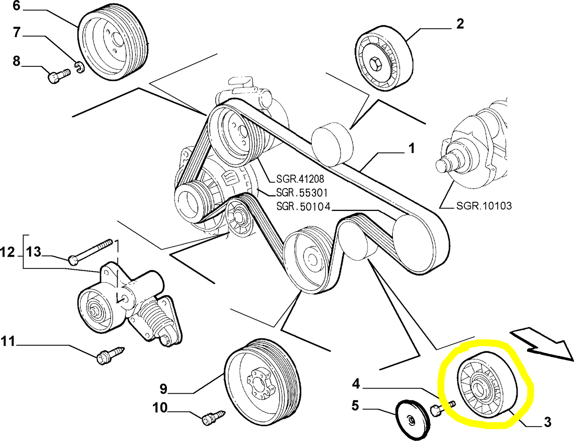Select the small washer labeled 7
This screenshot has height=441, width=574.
point(78,67)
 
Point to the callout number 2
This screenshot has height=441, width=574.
point(460,24)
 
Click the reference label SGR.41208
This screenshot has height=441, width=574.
point(300,179)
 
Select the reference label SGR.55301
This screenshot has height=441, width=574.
point(302,193)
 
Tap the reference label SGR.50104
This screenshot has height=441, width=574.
point(303,207)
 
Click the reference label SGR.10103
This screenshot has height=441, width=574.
point(484,206)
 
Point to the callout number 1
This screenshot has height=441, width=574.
point(412,149)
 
